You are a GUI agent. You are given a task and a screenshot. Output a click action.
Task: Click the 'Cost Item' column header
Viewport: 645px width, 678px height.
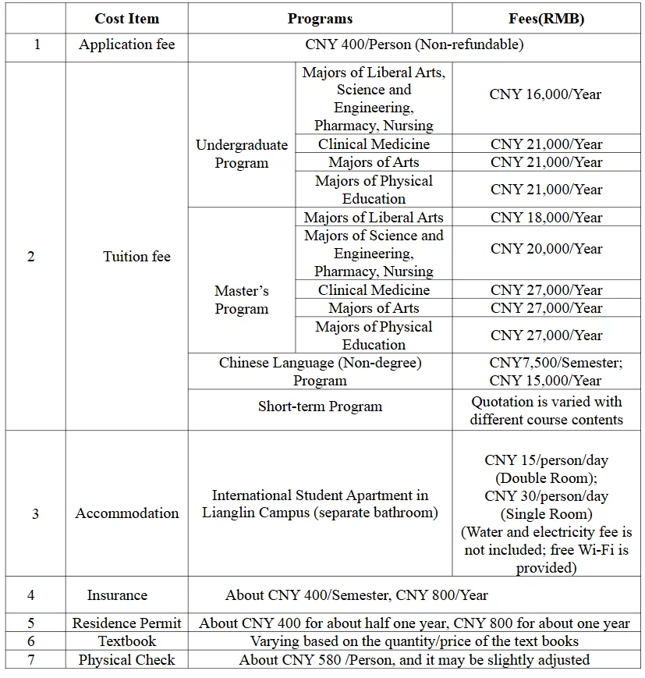(x=126, y=19)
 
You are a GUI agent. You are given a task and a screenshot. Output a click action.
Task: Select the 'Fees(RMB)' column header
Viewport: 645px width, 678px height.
(x=546, y=19)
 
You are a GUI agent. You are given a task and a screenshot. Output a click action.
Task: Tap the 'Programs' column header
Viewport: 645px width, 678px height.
(x=320, y=19)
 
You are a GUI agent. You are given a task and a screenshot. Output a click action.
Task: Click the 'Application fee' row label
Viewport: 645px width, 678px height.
(x=126, y=44)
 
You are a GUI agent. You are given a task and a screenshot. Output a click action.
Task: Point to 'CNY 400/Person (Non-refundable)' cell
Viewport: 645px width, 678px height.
(x=414, y=44)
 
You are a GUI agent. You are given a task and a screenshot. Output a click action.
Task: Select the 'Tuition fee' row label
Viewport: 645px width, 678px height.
(x=136, y=257)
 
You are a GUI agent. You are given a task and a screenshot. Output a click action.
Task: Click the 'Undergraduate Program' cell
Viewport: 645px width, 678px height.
(x=242, y=154)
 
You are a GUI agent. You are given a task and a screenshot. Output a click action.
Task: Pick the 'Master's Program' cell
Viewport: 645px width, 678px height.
(x=242, y=300)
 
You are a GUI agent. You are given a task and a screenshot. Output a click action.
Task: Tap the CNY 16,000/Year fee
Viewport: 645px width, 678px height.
(x=546, y=94)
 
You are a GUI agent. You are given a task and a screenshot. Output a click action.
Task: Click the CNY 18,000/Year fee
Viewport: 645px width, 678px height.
(x=546, y=218)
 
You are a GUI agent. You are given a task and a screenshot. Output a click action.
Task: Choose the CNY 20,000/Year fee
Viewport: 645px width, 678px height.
(x=546, y=249)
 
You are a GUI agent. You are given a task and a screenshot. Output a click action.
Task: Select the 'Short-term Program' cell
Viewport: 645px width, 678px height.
(x=320, y=406)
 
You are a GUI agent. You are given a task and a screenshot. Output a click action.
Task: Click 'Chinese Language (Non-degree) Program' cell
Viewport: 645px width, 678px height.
(x=320, y=371)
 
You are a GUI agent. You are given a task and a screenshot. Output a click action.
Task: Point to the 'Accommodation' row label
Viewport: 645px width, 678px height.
(x=126, y=513)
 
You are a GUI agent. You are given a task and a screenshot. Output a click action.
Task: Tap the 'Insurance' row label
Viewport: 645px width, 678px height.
(x=117, y=595)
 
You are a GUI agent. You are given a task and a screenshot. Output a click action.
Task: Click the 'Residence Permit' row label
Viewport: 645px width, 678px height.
(x=126, y=623)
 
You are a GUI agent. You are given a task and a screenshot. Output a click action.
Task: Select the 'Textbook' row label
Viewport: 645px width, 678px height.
(x=126, y=641)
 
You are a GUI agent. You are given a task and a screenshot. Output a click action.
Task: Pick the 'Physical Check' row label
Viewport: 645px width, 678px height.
(x=126, y=660)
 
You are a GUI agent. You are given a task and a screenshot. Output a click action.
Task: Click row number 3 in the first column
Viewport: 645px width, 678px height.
(x=35, y=513)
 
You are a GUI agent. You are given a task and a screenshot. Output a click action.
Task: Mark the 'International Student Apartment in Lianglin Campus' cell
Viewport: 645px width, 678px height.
(x=320, y=504)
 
